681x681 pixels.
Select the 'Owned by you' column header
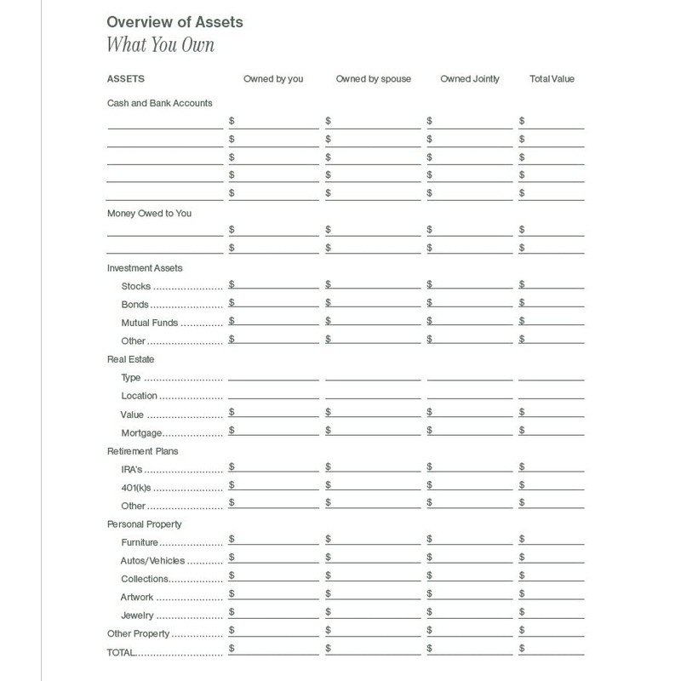(272, 79)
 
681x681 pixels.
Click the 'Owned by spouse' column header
(373, 79)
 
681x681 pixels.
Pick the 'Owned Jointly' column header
(470, 79)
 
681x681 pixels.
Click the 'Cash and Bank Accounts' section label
(159, 103)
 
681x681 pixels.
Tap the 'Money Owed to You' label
(149, 213)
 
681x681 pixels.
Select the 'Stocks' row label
(136, 287)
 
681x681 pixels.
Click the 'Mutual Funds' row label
(150, 323)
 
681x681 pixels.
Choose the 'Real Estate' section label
(130, 359)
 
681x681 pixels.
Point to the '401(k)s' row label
(137, 488)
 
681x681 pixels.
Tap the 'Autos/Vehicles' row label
(153, 561)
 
